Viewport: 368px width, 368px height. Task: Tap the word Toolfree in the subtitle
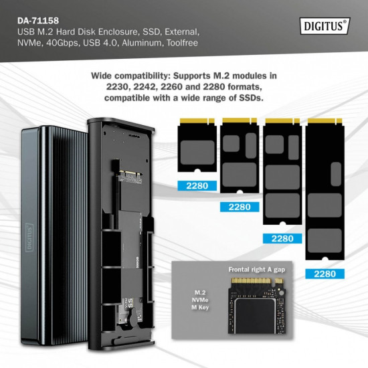180,42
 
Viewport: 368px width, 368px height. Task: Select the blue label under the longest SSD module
325,273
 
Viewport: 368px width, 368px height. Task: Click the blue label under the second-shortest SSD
239,207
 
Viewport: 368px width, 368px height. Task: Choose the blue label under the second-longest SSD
282,238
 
